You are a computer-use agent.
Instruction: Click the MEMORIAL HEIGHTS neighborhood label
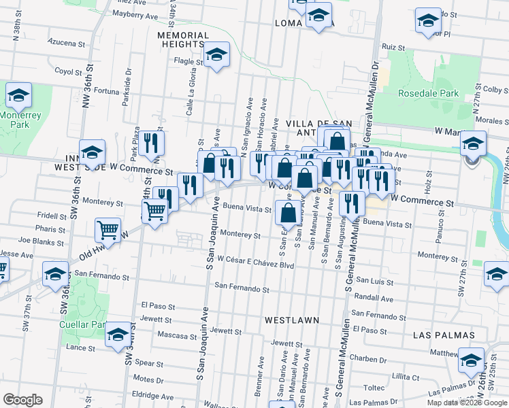183,39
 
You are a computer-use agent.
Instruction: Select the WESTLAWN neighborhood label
293,318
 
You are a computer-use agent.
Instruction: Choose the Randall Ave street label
374,299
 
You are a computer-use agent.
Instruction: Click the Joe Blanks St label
42,241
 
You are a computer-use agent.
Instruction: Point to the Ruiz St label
393,47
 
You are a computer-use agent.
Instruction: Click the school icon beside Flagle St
216,55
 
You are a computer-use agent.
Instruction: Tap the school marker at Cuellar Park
118,335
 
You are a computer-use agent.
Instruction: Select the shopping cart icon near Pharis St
108,231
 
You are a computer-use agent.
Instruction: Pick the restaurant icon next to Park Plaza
152,142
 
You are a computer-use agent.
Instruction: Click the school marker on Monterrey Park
18,96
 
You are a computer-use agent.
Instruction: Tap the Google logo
23,399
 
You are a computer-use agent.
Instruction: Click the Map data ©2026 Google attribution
467,403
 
